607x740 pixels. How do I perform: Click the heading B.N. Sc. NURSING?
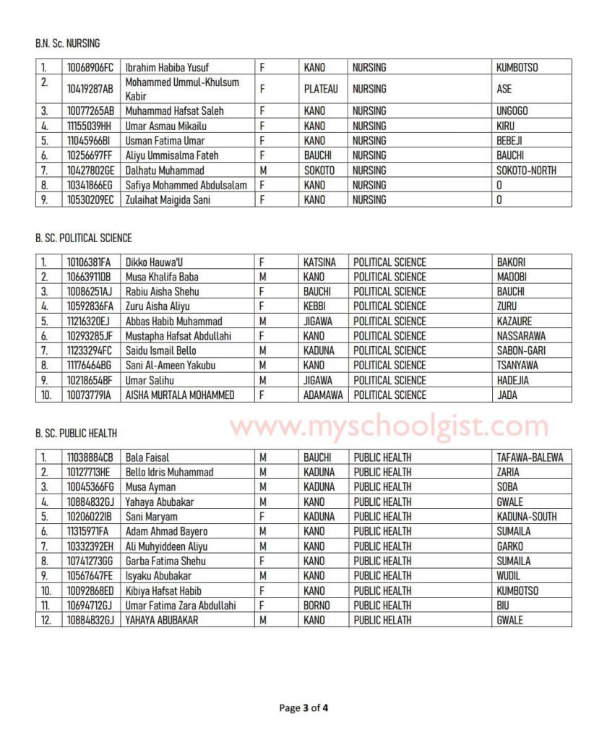[67, 43]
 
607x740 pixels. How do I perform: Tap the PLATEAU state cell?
[321, 89]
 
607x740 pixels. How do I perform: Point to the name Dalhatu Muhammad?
[165, 171]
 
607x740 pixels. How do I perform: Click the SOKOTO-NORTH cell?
[526, 171]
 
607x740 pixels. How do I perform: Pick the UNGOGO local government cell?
[512, 111]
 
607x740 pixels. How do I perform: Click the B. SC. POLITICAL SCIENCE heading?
[83, 238]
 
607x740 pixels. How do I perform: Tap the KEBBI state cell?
[316, 306]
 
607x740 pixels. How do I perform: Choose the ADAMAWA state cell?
[324, 395]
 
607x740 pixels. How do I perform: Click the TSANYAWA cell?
[517, 366]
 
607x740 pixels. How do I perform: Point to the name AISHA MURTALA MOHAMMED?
[186, 395]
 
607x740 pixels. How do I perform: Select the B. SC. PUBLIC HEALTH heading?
[76, 434]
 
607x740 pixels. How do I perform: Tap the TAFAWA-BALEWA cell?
[530, 457]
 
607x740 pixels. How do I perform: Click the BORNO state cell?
[317, 606]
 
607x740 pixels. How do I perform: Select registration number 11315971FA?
[89, 532]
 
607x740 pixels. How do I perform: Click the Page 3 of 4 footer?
[303, 707]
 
